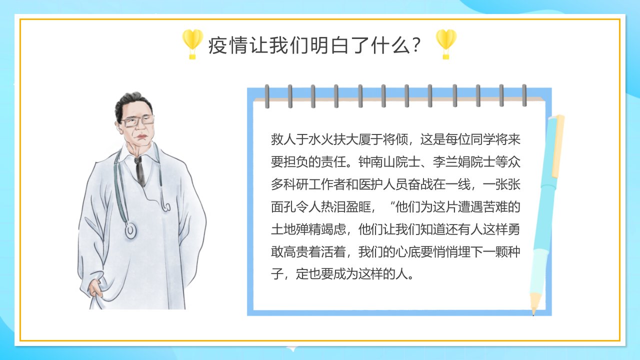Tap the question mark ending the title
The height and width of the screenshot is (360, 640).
tap(416, 45)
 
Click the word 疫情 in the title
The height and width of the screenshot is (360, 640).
tap(227, 45)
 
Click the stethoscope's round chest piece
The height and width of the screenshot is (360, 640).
tap(130, 230)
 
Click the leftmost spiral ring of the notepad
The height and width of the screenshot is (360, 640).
tap(267, 96)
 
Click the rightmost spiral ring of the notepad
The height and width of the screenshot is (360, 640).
tap(524, 95)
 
